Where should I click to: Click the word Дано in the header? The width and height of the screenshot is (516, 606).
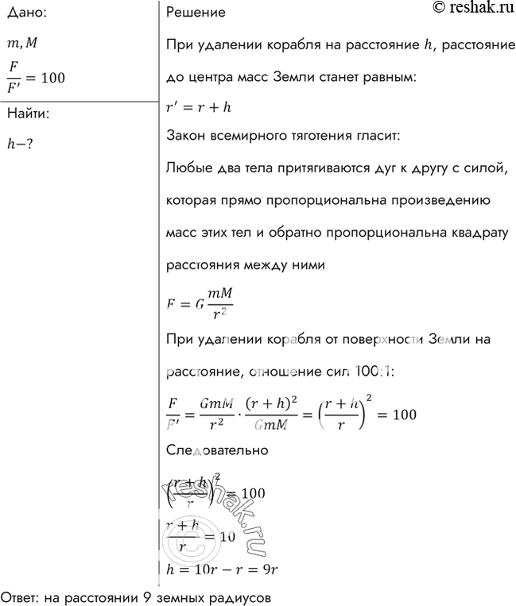click(x=25, y=13)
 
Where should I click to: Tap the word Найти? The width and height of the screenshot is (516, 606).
click(x=28, y=114)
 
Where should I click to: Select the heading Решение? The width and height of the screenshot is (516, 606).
click(x=196, y=13)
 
